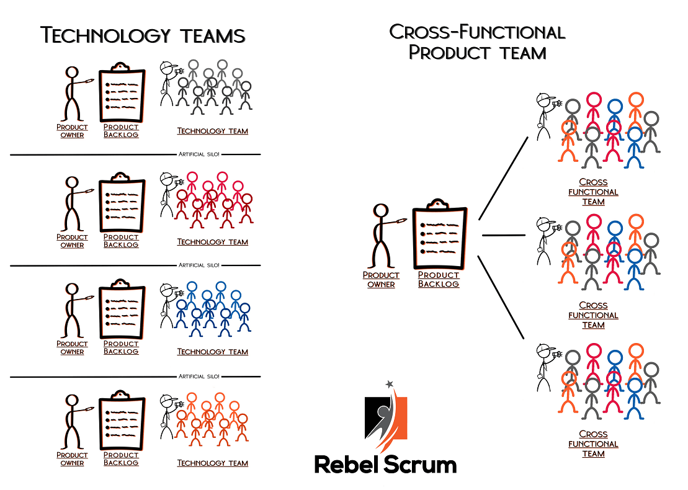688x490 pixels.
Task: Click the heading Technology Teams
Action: pos(143,35)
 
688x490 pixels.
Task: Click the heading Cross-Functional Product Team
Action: pos(477,42)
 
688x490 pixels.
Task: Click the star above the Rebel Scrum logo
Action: pos(390,384)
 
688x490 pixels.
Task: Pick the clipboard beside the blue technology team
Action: pos(122,309)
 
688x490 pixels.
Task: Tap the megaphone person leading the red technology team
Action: pos(168,193)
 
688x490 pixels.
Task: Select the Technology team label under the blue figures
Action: pos(212,352)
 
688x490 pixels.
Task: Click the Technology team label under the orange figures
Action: pos(212,463)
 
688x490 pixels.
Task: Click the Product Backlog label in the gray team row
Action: pos(121,131)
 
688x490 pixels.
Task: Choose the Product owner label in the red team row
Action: pos(72,241)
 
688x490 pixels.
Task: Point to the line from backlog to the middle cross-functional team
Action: pos(503,235)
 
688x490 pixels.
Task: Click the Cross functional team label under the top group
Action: pos(593,192)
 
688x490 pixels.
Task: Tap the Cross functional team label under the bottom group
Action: pos(593,443)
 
